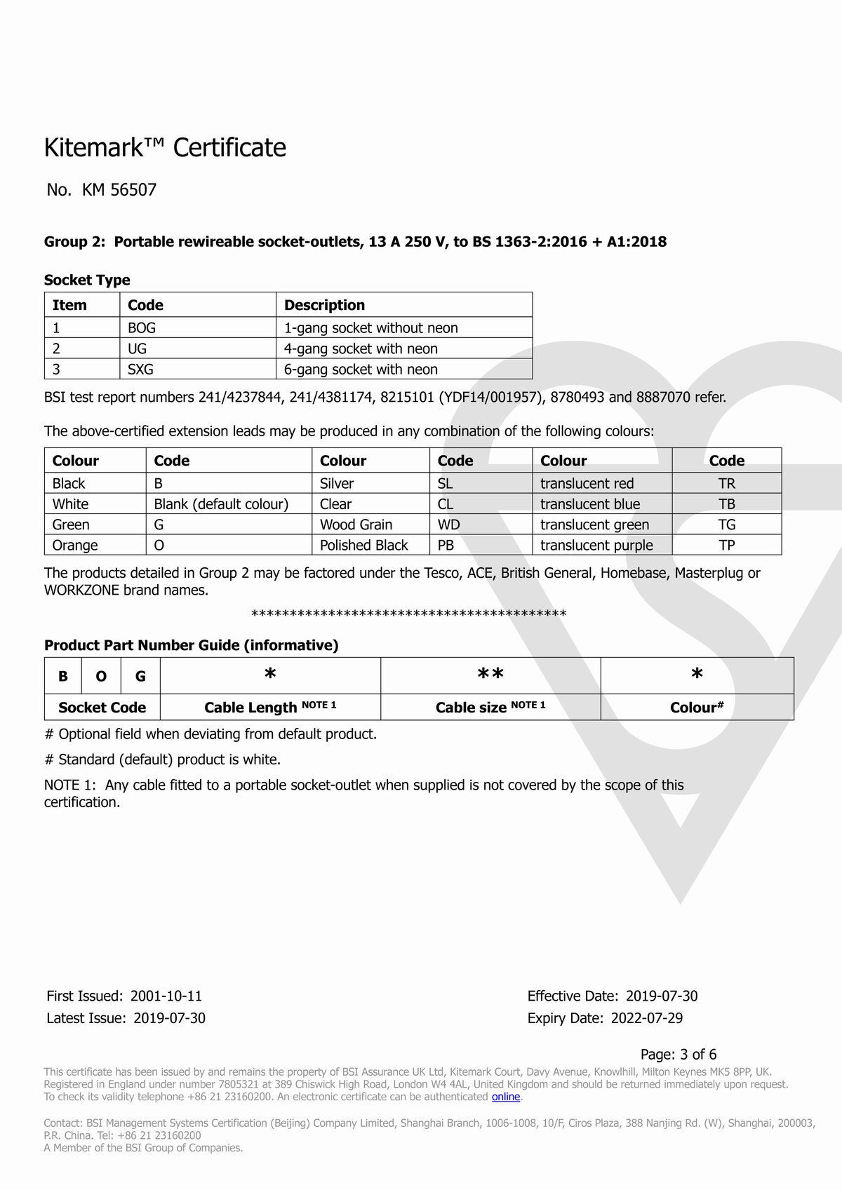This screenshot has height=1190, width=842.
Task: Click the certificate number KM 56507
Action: (119, 190)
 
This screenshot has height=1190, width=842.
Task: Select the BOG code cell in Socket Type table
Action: (142, 327)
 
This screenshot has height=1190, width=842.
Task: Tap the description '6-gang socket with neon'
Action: (361, 370)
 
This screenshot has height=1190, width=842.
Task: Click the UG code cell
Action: (137, 349)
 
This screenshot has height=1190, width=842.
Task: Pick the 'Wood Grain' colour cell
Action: (356, 525)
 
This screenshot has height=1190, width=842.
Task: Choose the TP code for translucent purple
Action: (726, 545)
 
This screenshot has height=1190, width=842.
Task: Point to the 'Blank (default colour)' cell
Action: (221, 504)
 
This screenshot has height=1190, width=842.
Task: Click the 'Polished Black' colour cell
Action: (363, 545)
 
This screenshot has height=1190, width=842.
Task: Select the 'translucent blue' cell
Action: (590, 504)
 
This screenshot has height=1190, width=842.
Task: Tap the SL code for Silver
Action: (446, 483)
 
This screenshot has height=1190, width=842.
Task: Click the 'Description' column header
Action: (324, 305)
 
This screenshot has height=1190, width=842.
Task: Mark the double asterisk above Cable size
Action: (490, 675)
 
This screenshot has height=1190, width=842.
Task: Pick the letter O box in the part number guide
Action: (102, 676)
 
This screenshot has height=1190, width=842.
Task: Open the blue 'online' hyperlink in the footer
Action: (505, 1097)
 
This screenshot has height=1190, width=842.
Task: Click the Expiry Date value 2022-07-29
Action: (646, 1018)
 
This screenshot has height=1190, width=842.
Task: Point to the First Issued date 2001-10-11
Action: (166, 996)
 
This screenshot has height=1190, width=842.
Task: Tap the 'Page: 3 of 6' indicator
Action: (679, 1054)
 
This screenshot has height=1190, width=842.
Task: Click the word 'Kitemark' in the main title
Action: (105, 148)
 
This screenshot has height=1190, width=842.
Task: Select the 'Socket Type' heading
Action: (87, 280)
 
